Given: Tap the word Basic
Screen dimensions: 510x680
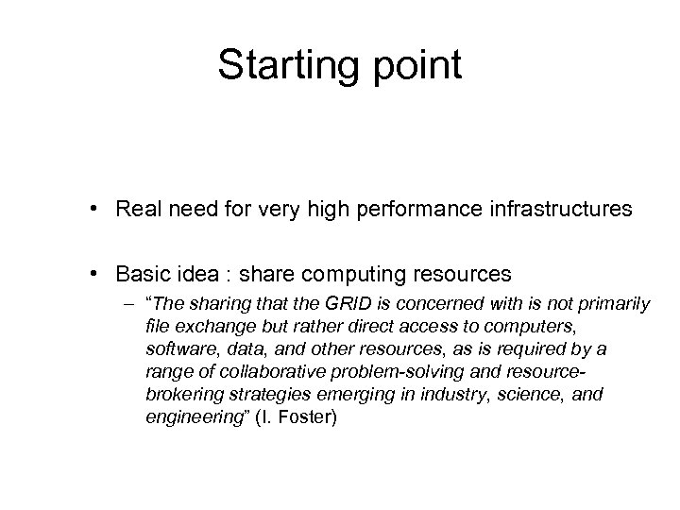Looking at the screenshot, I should pyautogui.click(x=142, y=275).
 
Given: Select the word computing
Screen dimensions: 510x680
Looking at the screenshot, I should pyautogui.click(x=362, y=275).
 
